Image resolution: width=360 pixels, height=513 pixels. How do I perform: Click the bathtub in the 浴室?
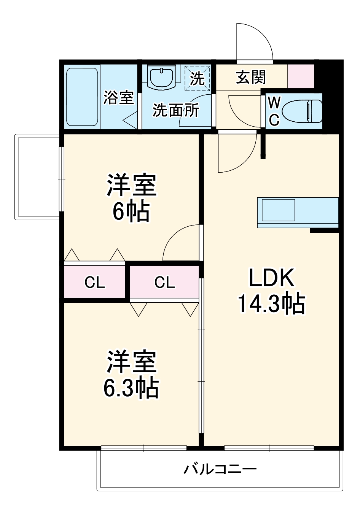(82, 97)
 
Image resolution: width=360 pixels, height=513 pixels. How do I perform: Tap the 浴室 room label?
(119, 97)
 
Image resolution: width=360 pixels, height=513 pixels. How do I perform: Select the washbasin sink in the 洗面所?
(161, 78)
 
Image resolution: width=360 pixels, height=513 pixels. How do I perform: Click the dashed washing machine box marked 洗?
(198, 78)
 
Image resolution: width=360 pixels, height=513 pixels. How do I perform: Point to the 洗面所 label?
(176, 110)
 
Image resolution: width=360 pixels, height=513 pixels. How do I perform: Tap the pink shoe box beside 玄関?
(301, 76)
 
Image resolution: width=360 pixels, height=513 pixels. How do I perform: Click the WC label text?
(274, 111)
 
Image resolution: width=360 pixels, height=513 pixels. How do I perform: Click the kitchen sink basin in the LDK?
(278, 210)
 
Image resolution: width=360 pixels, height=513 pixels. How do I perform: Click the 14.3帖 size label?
(271, 303)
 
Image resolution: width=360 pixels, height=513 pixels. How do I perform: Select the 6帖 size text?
(131, 211)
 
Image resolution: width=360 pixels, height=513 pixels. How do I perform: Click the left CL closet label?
(94, 283)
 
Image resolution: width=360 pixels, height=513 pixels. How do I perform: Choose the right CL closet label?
(164, 282)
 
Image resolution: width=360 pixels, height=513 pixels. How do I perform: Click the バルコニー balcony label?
(220, 469)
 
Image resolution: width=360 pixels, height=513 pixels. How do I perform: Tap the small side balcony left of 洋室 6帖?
(37, 177)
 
